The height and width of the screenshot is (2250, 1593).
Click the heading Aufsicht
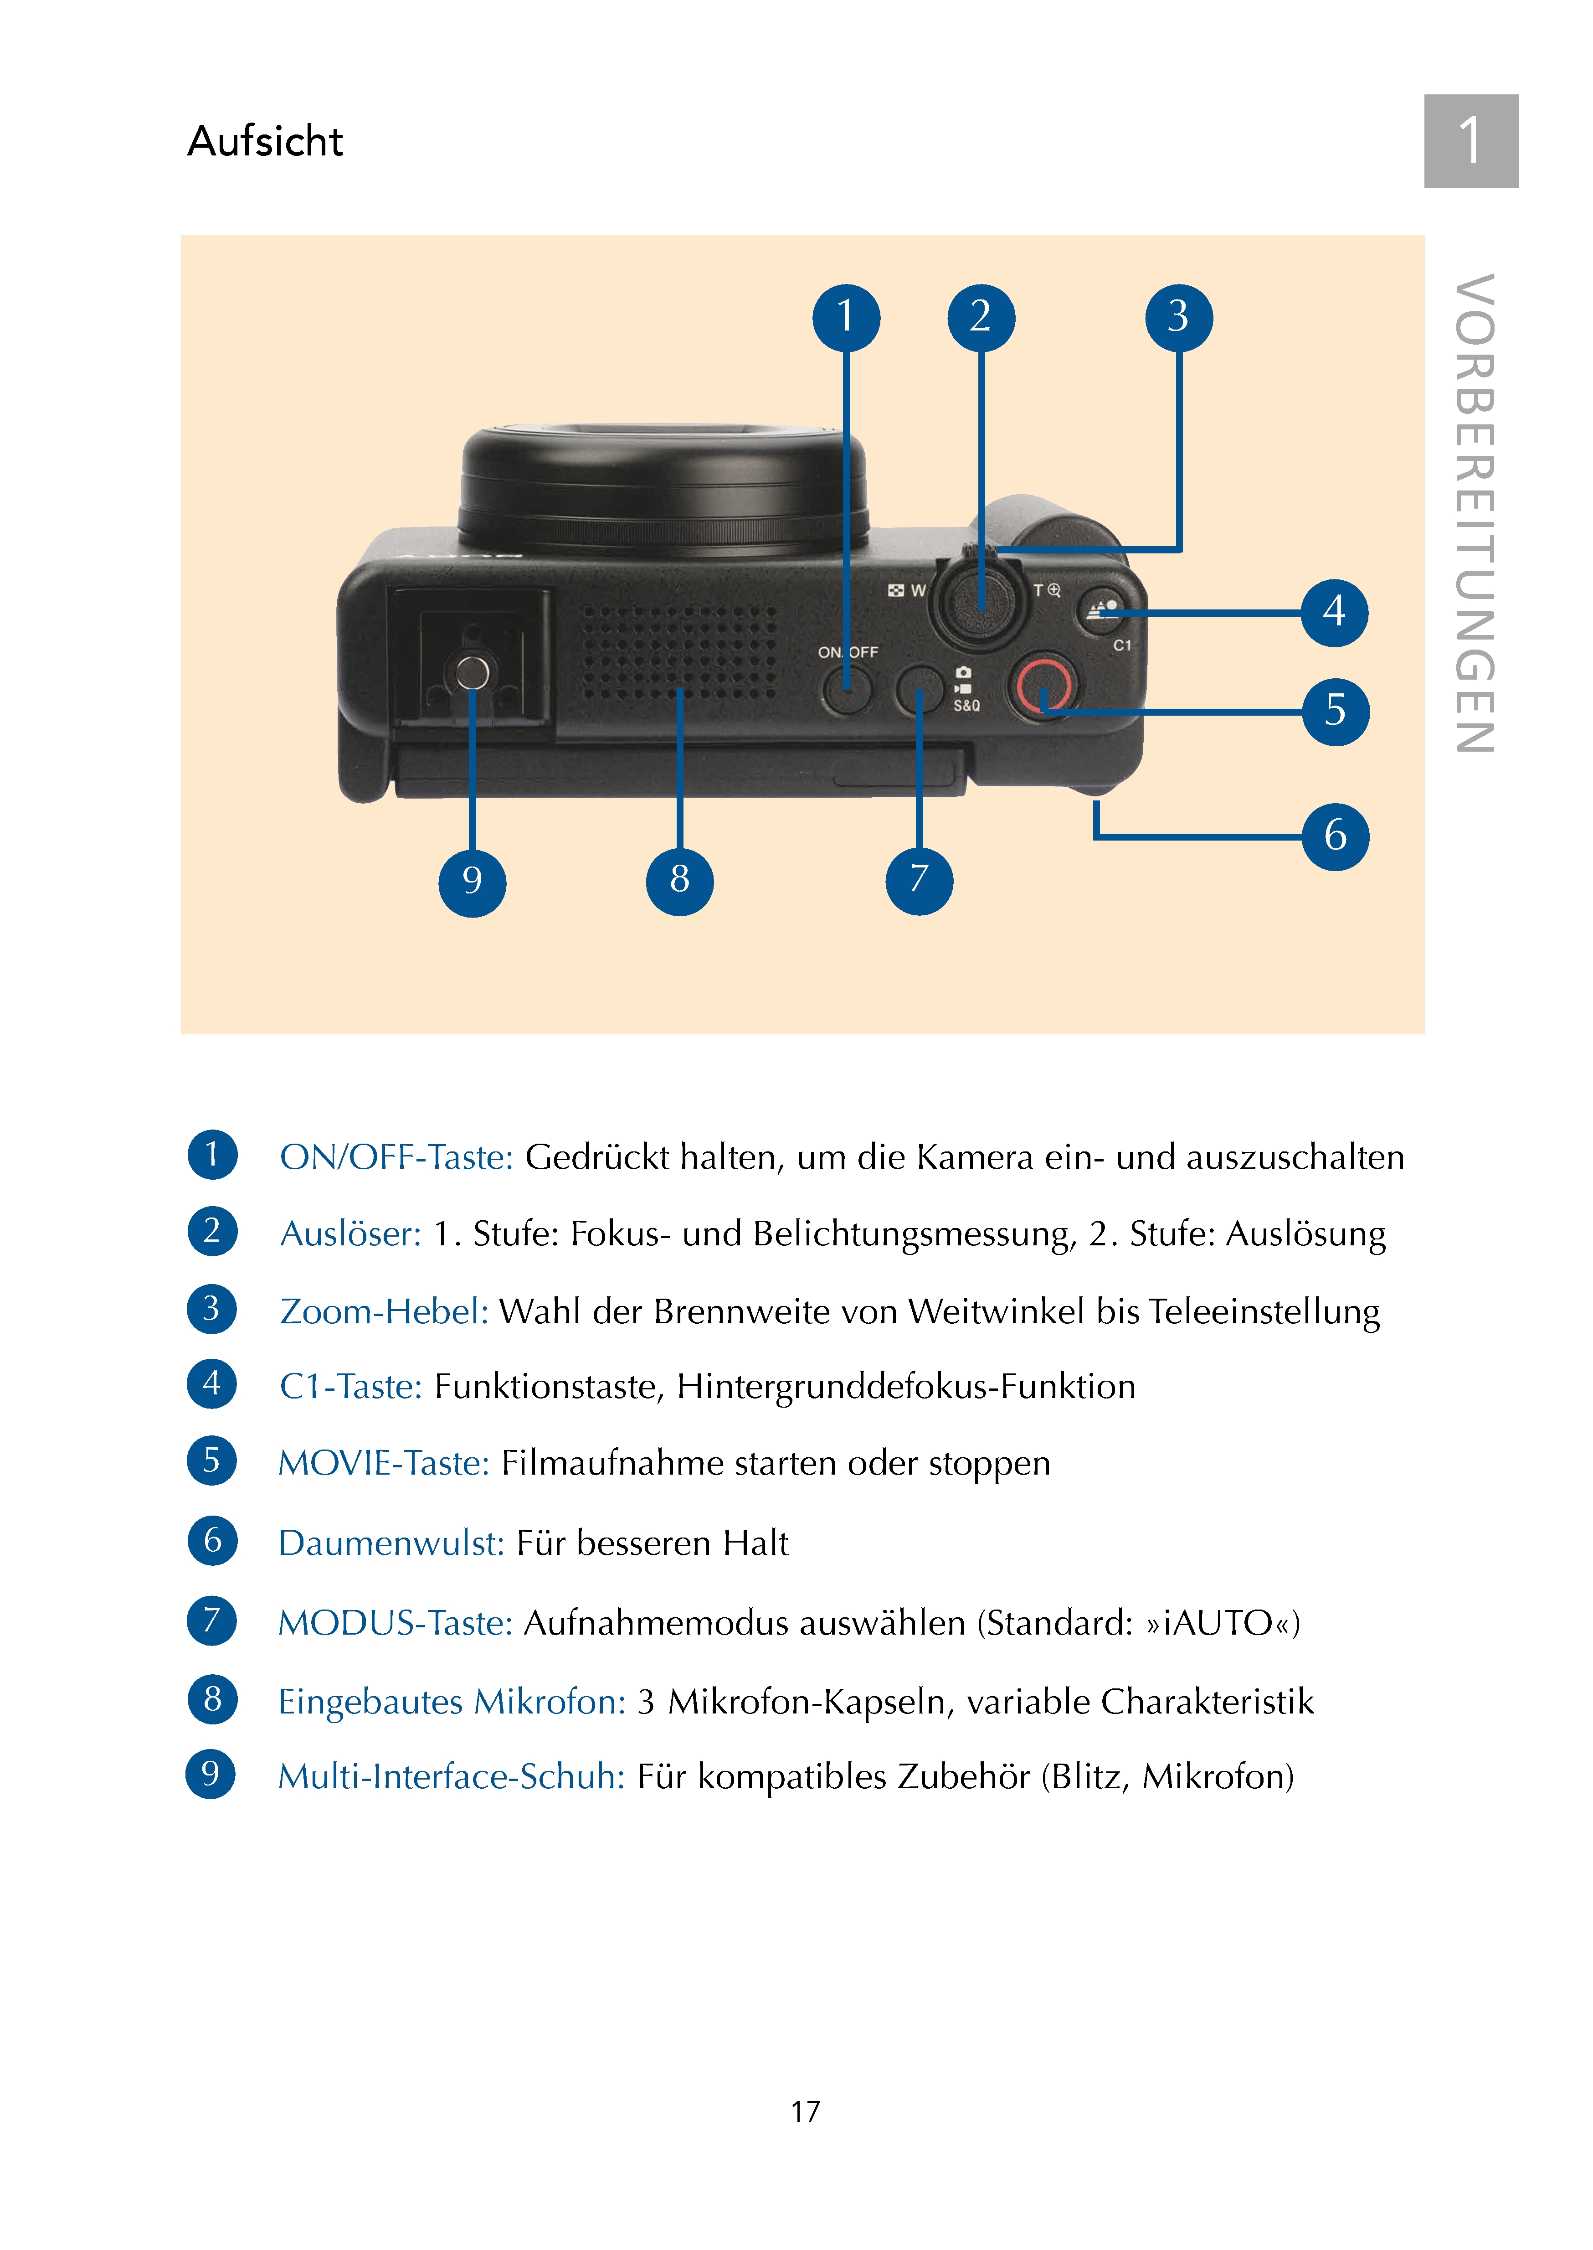tap(265, 141)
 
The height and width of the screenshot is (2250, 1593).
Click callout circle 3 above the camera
tap(1178, 317)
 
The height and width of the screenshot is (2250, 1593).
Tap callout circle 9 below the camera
tap(472, 881)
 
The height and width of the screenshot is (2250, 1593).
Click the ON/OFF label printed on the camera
tap(848, 651)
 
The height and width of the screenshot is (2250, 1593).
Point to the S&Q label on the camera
tap(966, 706)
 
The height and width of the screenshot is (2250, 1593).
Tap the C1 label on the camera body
tap(1122, 645)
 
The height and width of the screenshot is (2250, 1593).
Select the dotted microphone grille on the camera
tap(679, 651)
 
